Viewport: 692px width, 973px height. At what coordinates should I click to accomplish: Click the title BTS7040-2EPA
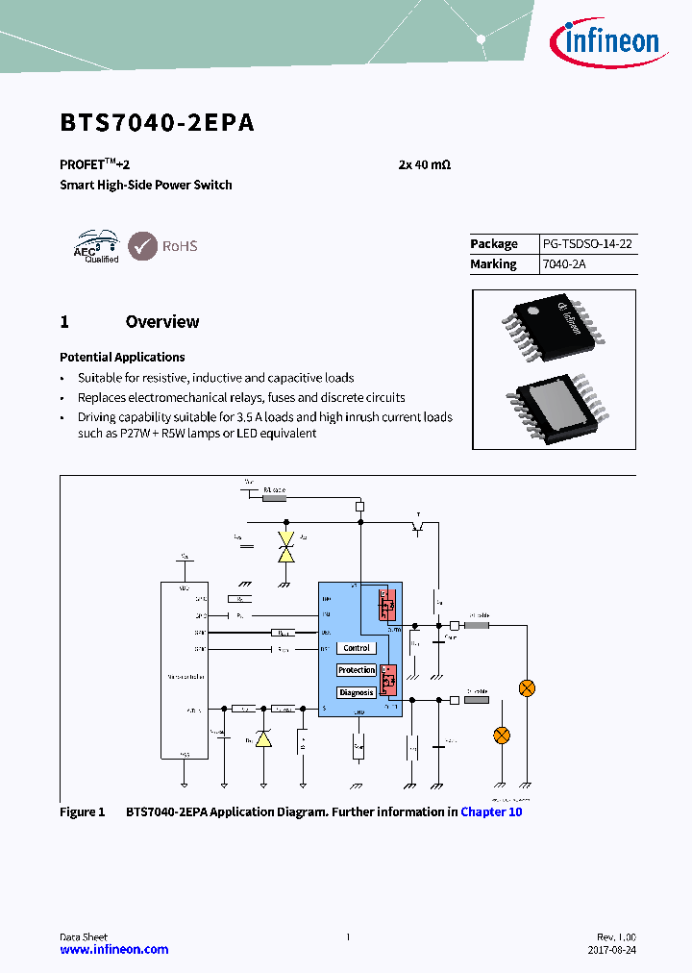[x=157, y=123]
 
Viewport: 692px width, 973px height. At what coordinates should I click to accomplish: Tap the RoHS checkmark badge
[x=143, y=246]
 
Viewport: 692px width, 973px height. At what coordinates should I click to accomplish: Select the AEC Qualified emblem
[x=96, y=246]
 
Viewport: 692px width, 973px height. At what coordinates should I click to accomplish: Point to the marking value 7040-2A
[x=557, y=264]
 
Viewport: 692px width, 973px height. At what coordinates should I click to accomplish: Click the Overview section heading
[x=162, y=322]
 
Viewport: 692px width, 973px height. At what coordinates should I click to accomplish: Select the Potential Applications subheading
[x=122, y=357]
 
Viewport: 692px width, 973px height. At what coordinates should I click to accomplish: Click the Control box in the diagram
[x=356, y=648]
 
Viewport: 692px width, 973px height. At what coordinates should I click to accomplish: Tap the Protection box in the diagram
[x=356, y=670]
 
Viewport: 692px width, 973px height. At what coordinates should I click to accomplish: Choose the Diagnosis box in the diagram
[x=356, y=692]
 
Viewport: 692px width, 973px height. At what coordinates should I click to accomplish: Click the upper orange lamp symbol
[x=527, y=687]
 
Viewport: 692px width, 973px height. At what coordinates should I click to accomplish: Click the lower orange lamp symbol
[x=501, y=735]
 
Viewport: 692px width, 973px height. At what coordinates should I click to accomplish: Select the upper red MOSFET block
[x=387, y=608]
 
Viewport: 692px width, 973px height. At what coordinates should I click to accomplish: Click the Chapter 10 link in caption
[x=491, y=812]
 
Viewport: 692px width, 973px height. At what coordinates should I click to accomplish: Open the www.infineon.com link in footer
[x=113, y=949]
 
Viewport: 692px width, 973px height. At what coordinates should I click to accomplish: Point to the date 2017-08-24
[x=611, y=950]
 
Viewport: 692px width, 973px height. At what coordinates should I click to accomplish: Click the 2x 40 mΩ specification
[x=424, y=164]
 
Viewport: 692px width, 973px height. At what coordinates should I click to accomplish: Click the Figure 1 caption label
[x=83, y=812]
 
